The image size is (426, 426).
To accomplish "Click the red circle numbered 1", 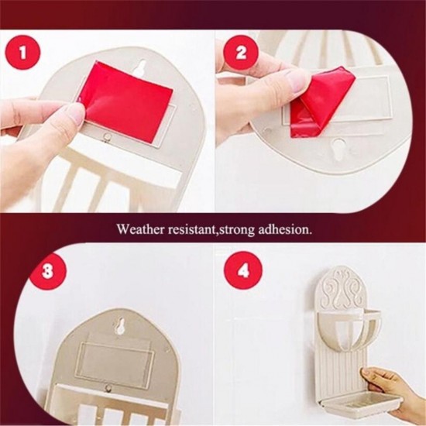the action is click(x=23, y=53).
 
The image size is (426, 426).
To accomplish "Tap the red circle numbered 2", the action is click(x=241, y=53).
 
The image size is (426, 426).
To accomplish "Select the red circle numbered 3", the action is click(x=48, y=272).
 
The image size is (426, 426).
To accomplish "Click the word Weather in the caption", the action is click(x=140, y=229).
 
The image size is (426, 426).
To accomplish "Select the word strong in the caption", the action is click(x=237, y=230).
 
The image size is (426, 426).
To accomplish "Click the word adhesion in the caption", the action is click(x=283, y=229).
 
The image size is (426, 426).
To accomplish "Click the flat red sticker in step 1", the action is click(x=125, y=101).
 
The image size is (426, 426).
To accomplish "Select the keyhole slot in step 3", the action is click(x=119, y=325).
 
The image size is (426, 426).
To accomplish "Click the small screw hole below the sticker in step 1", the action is click(x=108, y=136).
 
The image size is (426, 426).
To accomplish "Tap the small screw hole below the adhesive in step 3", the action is click(x=109, y=387).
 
